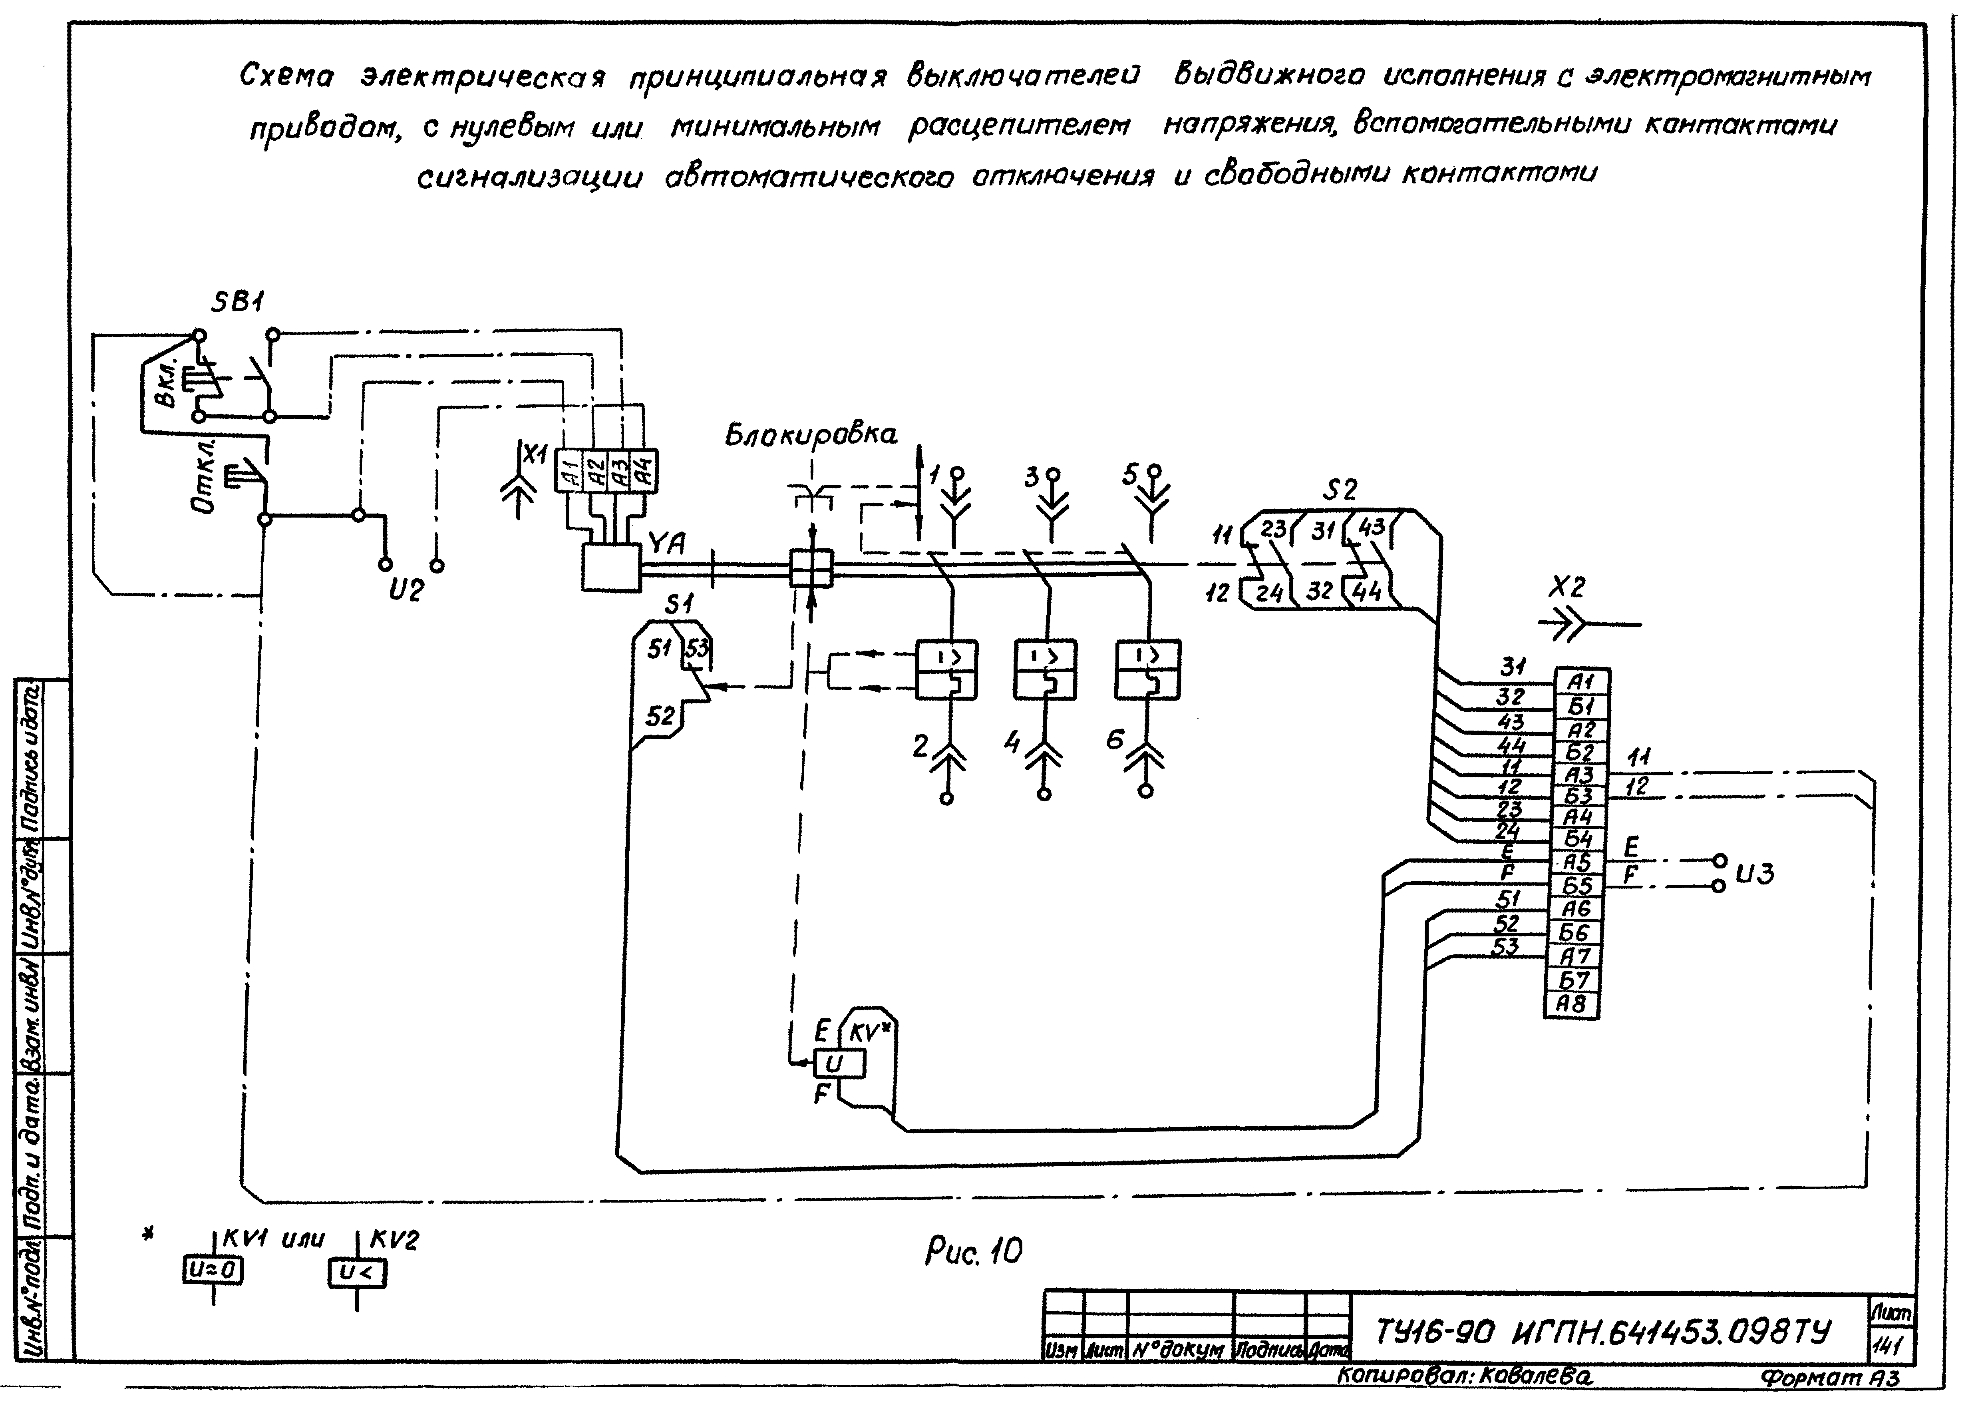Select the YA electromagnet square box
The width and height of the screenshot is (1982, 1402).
(x=610, y=567)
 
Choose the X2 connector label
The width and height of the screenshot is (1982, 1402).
(x=1567, y=588)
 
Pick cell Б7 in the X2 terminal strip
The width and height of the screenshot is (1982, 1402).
(x=1573, y=981)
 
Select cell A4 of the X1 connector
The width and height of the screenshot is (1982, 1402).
(x=644, y=471)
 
